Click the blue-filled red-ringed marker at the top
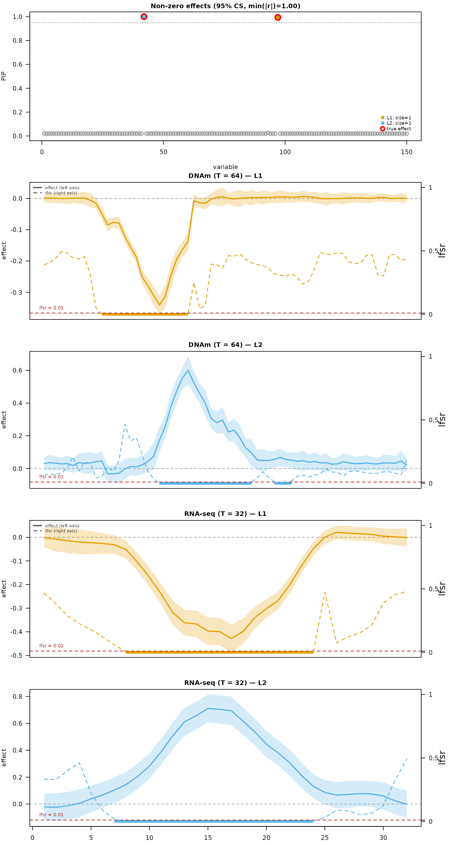tap(144, 17)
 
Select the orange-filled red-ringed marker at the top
tap(278, 17)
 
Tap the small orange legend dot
tap(382, 118)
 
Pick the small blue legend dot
tap(382, 123)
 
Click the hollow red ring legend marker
tap(382, 129)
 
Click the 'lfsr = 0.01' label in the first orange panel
tap(51, 308)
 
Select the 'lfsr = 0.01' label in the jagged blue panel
tap(51, 477)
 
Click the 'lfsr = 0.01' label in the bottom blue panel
tap(51, 815)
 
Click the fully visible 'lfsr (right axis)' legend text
tap(61, 531)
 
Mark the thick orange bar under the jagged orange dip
tap(145, 314)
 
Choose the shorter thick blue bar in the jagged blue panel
tap(283, 483)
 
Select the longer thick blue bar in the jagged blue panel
tap(205, 483)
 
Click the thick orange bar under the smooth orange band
tap(220, 652)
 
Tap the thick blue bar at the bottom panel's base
tap(214, 821)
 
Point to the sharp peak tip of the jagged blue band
tap(188, 357)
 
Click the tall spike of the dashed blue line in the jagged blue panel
tap(125, 425)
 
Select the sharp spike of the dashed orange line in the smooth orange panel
tap(325, 592)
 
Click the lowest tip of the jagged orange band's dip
tap(160, 312)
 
